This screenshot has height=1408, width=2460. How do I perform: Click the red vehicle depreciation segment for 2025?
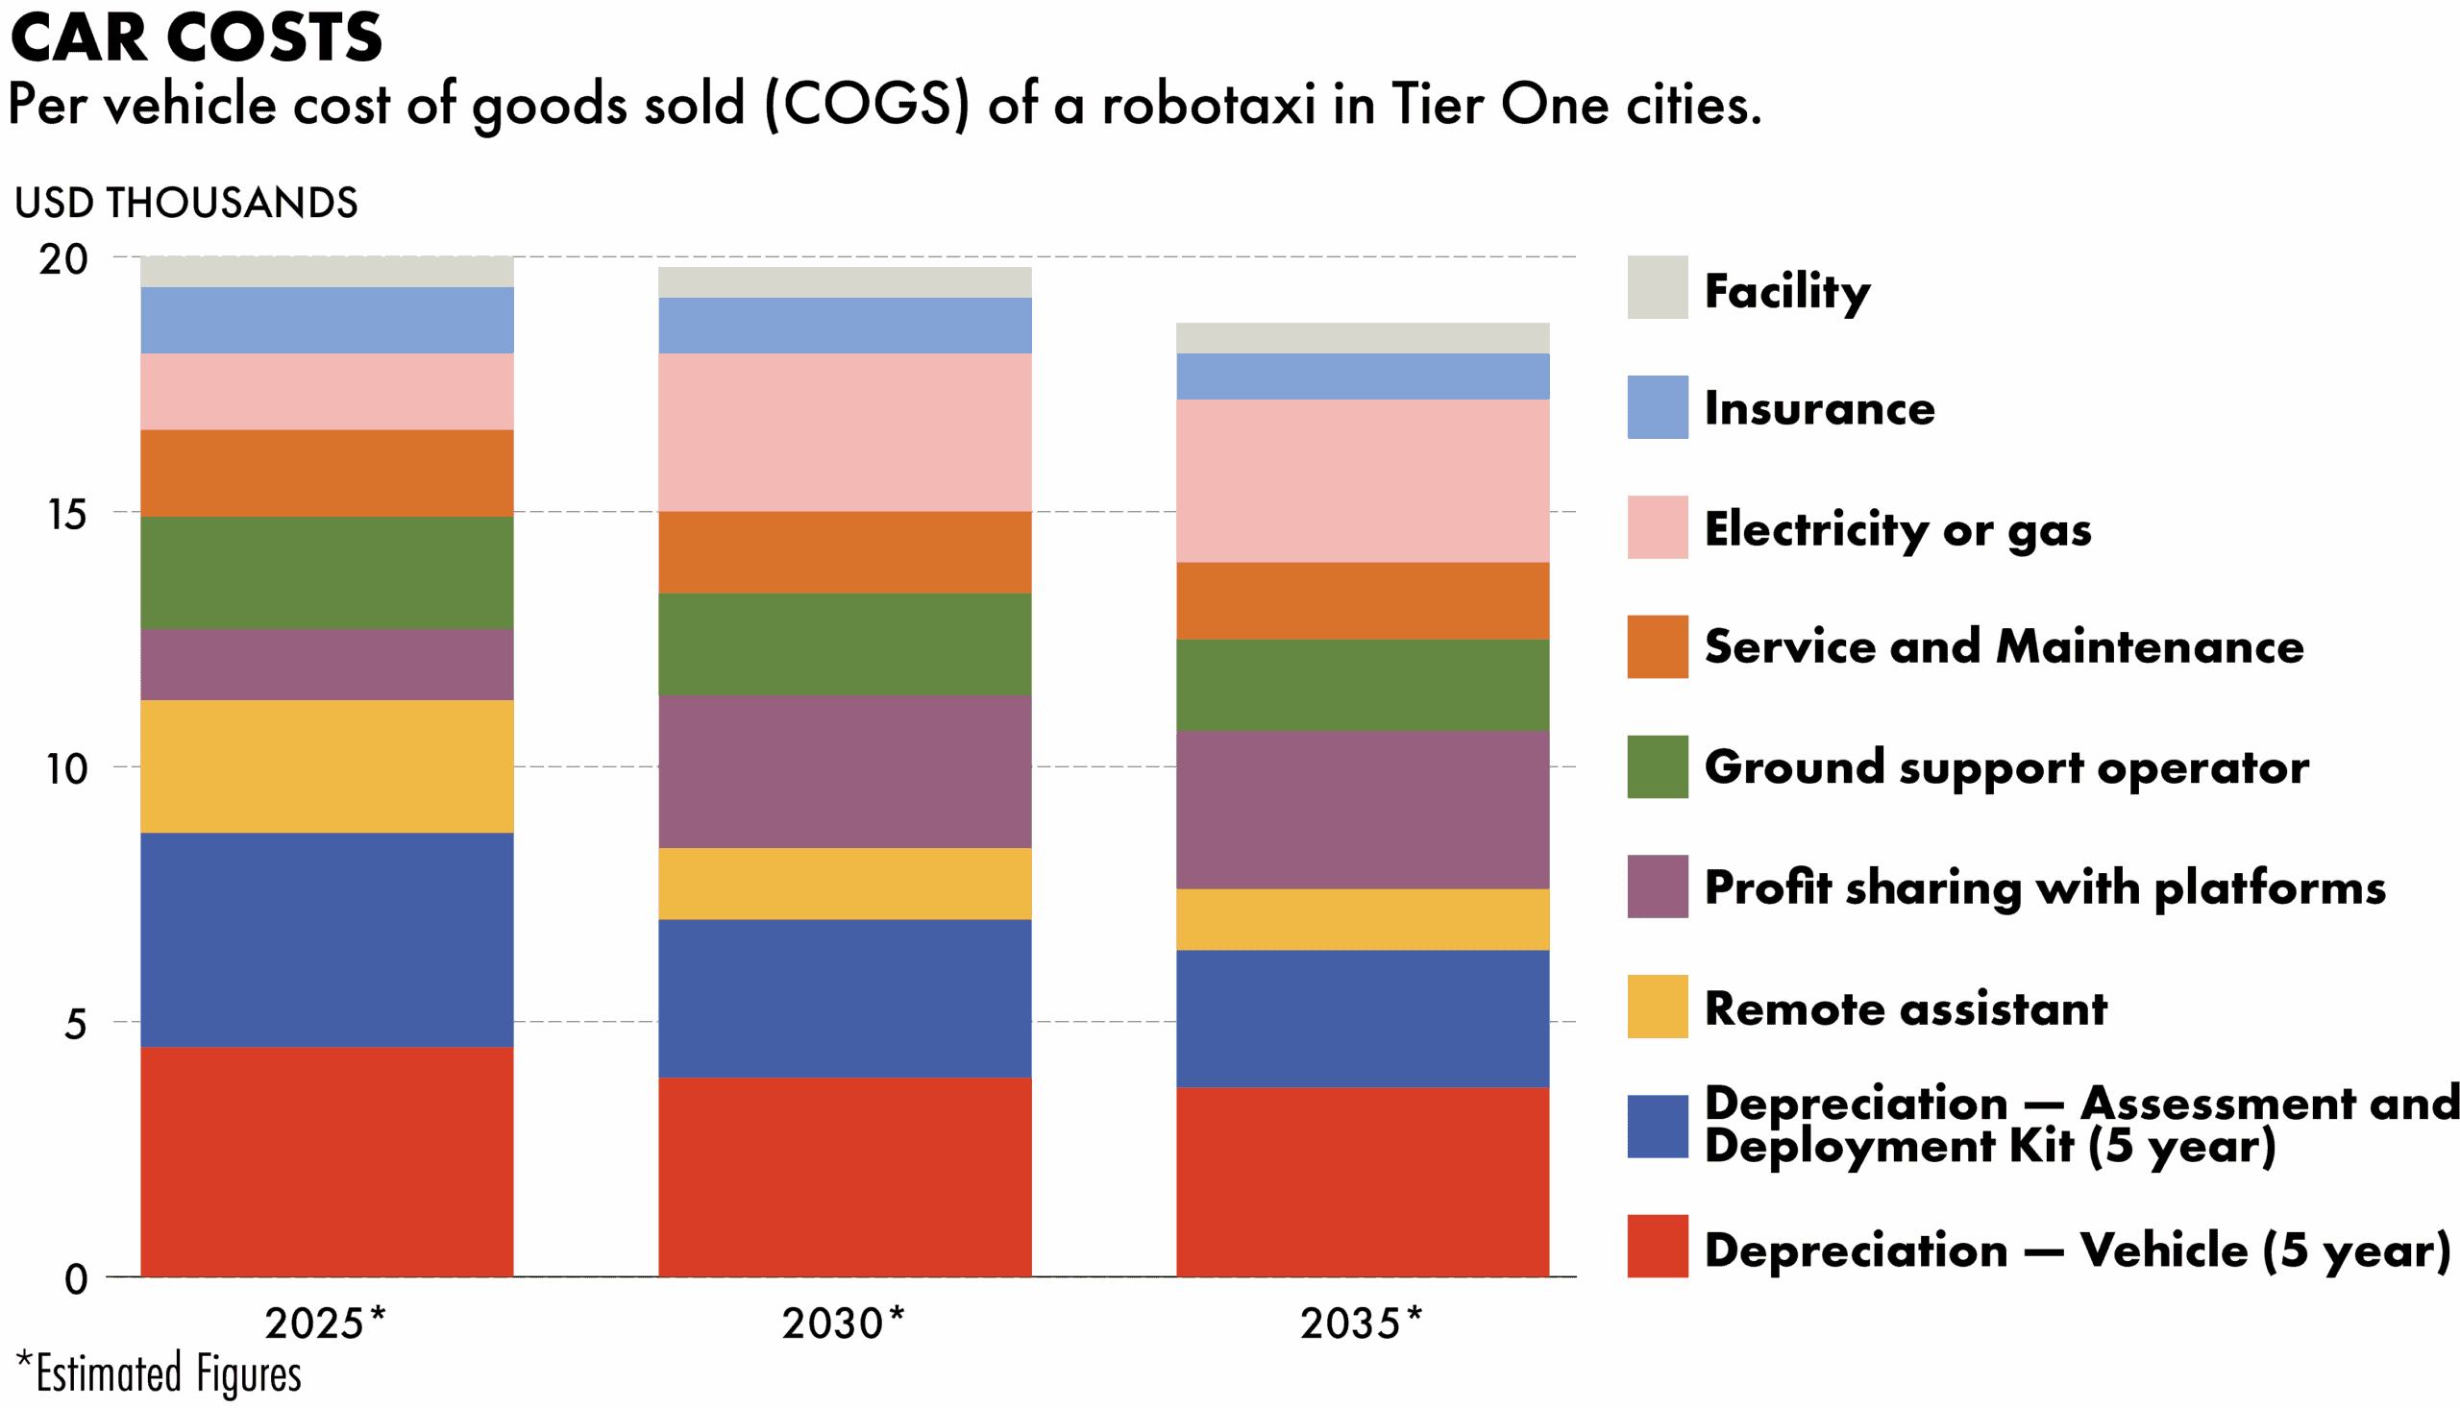point(327,1160)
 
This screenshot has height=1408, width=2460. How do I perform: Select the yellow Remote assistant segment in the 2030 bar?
point(845,883)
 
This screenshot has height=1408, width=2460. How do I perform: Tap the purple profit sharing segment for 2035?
point(1362,809)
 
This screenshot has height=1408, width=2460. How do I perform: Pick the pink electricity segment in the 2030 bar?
point(845,431)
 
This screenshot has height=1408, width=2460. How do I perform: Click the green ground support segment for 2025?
point(327,572)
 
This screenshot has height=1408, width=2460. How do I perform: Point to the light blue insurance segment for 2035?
point(1362,376)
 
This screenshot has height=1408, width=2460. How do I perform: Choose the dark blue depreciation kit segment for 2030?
point(845,997)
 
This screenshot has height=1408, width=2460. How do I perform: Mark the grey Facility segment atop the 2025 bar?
point(327,272)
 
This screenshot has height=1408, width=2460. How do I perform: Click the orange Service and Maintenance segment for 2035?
point(1362,600)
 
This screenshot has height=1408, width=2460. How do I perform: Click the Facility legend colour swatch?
point(1657,287)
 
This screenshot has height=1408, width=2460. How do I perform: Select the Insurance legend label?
point(1819,408)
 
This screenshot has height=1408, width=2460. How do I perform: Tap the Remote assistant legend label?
point(1905,1007)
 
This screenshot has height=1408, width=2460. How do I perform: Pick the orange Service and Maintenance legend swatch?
point(1657,646)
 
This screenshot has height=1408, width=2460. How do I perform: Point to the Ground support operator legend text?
point(2006,766)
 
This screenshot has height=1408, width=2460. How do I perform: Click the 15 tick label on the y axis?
point(66,514)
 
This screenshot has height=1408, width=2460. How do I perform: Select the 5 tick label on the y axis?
point(76,1023)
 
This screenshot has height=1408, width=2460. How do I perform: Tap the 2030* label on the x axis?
point(843,1323)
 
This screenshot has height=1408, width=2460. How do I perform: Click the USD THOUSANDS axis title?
point(185,203)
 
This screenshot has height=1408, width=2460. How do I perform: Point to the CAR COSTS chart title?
point(196,38)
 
